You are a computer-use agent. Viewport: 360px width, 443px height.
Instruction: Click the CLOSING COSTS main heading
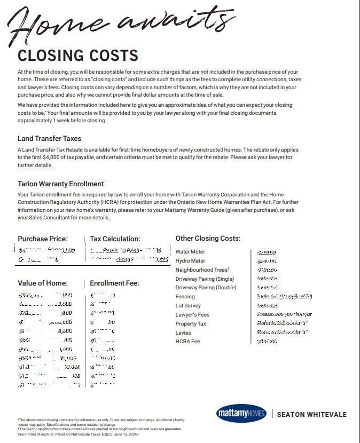click(78, 56)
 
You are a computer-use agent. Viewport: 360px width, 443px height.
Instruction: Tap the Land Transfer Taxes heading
click(49, 139)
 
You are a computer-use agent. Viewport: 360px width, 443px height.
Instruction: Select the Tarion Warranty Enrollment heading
click(61, 184)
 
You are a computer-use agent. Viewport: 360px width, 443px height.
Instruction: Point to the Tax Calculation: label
click(115, 239)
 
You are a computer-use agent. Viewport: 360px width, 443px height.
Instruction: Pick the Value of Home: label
click(43, 283)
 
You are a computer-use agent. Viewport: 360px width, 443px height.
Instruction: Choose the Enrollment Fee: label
click(114, 283)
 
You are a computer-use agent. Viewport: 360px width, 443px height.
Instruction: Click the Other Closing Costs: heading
click(208, 239)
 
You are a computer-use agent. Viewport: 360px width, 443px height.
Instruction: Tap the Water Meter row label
click(190, 252)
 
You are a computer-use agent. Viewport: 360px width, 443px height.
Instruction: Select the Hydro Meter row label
click(190, 261)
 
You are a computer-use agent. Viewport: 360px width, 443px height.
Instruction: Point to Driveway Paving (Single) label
click(205, 279)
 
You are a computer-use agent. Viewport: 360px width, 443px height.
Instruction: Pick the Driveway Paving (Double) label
click(206, 288)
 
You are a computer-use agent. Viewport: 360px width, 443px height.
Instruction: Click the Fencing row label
click(185, 297)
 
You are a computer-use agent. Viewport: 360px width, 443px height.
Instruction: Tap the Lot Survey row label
click(188, 306)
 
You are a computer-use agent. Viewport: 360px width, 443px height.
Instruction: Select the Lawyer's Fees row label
click(192, 315)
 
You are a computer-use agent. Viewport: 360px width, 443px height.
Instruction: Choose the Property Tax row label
click(190, 324)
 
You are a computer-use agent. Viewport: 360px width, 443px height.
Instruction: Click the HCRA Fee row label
click(187, 342)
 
